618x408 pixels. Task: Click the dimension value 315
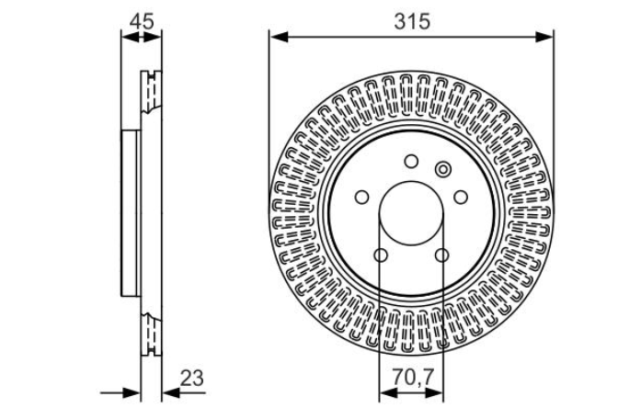(x=412, y=21)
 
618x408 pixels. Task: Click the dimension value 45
(x=142, y=21)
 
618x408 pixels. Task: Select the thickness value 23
(x=192, y=378)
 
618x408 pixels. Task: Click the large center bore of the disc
(x=411, y=213)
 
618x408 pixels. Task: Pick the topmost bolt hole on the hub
(x=411, y=161)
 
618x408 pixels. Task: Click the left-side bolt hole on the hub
(x=361, y=197)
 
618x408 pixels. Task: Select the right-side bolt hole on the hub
(x=461, y=197)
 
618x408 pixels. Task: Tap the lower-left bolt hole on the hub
(x=381, y=255)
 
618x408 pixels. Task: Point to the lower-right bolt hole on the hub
(x=441, y=255)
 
